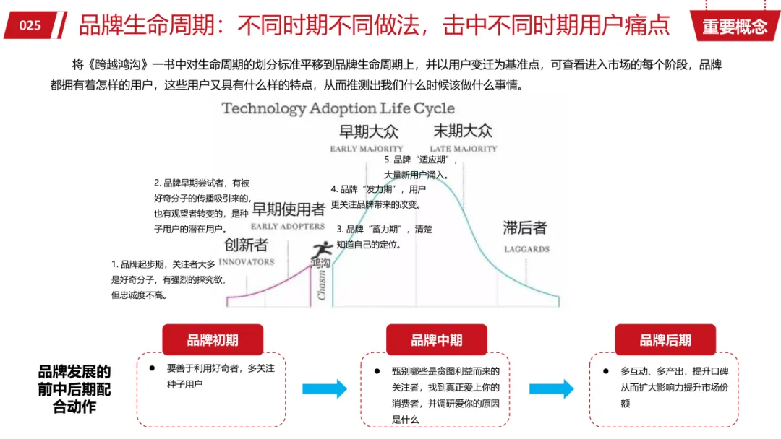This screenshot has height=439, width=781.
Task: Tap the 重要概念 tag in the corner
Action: (735, 26)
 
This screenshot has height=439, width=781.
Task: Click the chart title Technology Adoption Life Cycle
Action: (338, 108)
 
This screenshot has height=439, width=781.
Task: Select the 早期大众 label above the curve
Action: (369, 131)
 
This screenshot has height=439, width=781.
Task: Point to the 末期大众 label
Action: (463, 131)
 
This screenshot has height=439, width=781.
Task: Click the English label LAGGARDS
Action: (526, 249)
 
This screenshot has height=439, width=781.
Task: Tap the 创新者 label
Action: (246, 245)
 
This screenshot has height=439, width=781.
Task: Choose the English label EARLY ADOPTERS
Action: (287, 226)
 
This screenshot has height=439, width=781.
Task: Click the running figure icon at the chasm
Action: (323, 249)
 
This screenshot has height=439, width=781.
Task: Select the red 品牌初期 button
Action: (213, 339)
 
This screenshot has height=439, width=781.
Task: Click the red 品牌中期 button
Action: (436, 339)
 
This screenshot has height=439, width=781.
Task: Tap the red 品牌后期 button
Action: (665, 339)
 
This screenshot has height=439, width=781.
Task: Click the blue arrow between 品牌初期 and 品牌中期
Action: (324, 388)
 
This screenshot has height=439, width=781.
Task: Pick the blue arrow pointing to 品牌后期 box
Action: (551, 388)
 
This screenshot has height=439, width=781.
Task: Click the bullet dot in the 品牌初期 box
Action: (152, 368)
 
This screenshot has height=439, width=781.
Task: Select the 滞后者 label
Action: (525, 227)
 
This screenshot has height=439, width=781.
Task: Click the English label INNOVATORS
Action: (247, 262)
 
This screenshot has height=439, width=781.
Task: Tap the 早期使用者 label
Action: (289, 209)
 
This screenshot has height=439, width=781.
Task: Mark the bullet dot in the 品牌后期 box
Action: (606, 371)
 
